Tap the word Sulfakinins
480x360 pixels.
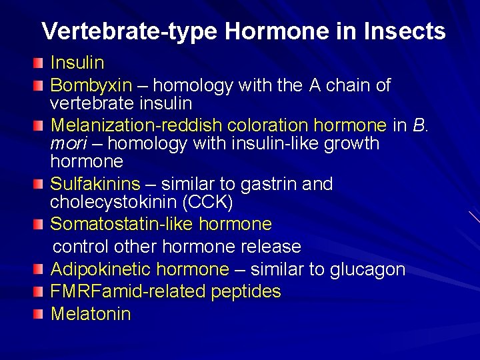[x=95, y=184]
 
